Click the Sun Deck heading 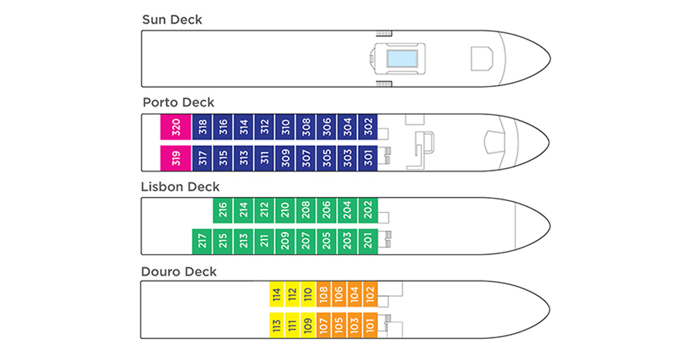172,20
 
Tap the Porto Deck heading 178,103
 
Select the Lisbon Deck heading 180,187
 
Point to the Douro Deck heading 179,272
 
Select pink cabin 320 176,127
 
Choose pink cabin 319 176,158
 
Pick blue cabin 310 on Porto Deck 285,127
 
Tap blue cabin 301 368,158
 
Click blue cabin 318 202,127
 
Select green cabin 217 202,241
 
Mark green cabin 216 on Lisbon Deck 223,210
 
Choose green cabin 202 368,210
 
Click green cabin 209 285,241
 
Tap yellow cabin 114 277,294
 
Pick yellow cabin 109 308,325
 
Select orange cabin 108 323,294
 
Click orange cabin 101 369,325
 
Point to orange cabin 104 354,294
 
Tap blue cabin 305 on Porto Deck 326,158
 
